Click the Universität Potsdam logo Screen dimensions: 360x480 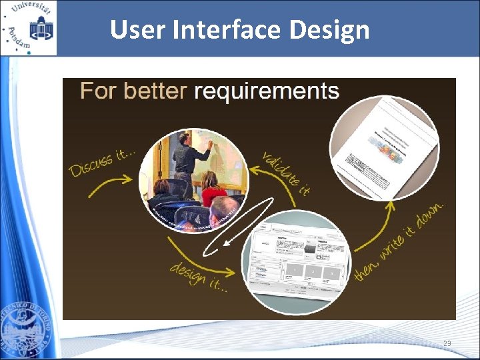coord(29,28)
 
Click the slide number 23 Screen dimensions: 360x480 coord(446,343)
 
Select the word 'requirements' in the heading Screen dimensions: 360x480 coord(266,91)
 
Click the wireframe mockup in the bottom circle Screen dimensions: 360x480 coord(296,260)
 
